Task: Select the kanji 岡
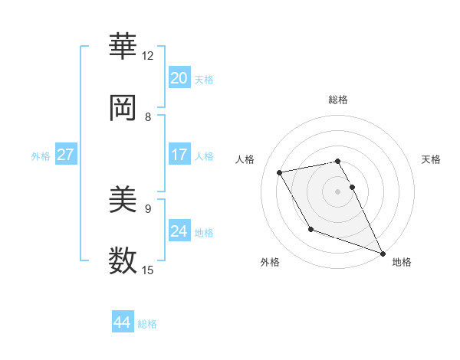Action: tap(123, 109)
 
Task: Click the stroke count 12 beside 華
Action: tap(148, 56)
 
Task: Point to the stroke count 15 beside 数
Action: tap(148, 270)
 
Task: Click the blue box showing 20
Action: tap(179, 78)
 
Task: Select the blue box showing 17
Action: tap(179, 155)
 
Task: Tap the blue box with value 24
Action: tap(179, 231)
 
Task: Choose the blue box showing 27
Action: tap(65, 155)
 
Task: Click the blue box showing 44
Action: tap(122, 322)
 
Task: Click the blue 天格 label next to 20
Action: tap(204, 79)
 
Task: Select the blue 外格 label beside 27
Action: tap(41, 155)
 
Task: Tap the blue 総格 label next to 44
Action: tap(147, 323)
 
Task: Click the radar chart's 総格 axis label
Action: tap(337, 100)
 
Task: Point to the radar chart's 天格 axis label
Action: tap(431, 159)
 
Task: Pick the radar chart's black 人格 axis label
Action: tap(245, 159)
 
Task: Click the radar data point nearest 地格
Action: tap(383, 253)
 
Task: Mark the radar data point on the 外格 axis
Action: tap(310, 229)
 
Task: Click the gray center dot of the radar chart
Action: tap(337, 191)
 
